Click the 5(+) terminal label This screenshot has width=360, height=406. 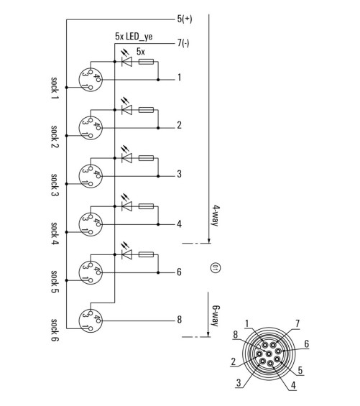[185, 19]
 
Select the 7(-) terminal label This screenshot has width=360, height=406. [183, 42]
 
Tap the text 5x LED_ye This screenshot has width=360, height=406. [134, 37]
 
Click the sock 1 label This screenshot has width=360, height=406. [55, 88]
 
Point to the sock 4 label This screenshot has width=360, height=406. [55, 234]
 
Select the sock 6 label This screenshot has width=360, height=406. [55, 330]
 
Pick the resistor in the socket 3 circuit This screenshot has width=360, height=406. [146, 158]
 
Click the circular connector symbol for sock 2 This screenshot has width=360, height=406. [91, 128]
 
